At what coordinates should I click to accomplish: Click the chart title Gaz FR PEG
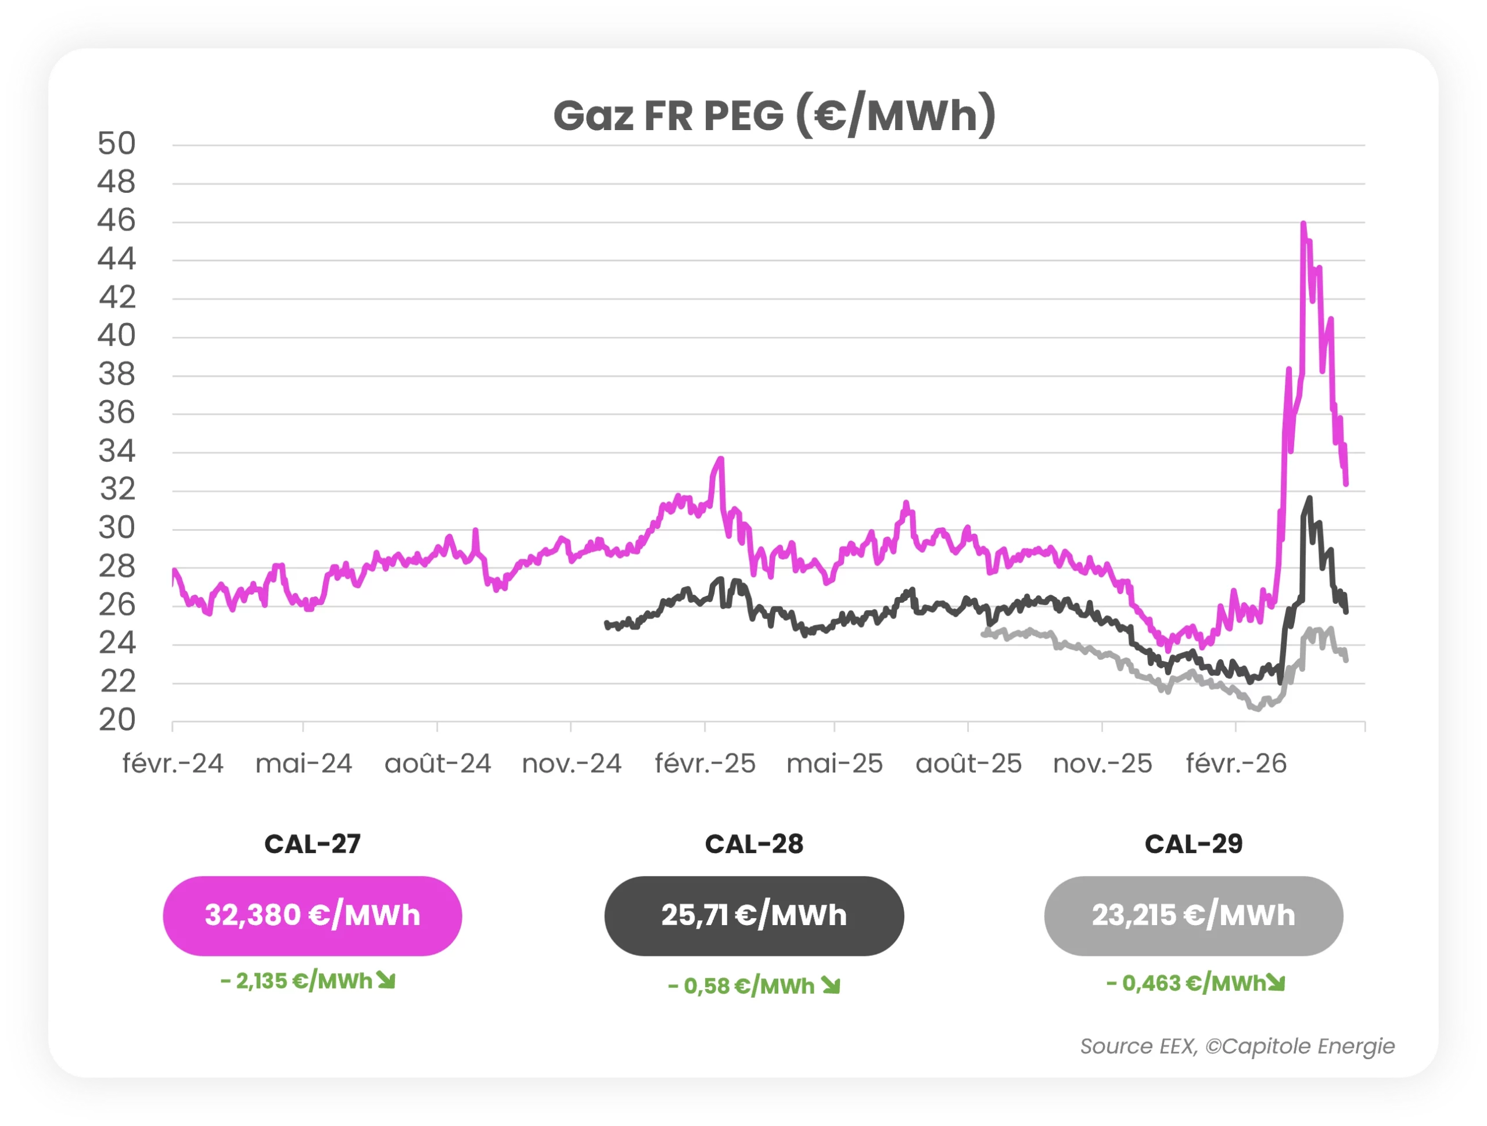(774, 115)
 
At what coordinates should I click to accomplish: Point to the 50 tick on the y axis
(116, 143)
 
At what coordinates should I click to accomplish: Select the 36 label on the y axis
(116, 412)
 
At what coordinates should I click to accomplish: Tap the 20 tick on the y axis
(116, 720)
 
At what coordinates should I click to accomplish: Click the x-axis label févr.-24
(173, 764)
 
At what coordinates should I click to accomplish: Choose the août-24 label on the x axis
(437, 764)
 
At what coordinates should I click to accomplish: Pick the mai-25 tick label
(834, 764)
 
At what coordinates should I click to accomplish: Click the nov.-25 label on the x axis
(1102, 764)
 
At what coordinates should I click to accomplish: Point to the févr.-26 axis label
(1235, 764)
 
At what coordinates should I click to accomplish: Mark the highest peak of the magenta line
(1303, 223)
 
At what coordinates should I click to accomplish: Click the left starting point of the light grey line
(983, 634)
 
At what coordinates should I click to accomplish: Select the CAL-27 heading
(312, 844)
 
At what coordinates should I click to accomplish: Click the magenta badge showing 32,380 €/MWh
(312, 916)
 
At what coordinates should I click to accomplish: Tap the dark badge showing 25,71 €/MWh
(753, 916)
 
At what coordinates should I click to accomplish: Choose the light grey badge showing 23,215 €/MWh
(1193, 916)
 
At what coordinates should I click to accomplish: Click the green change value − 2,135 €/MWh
(296, 981)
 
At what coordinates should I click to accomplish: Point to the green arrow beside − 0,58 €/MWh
(831, 986)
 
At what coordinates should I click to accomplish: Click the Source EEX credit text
(1237, 1046)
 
